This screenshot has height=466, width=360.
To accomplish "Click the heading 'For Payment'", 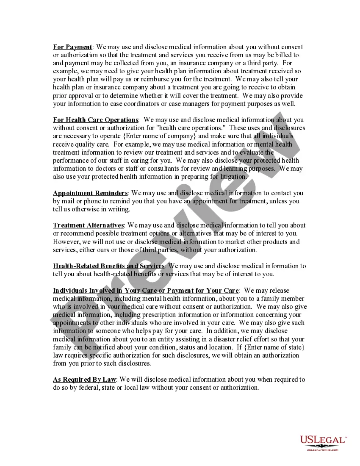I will coord(72,47).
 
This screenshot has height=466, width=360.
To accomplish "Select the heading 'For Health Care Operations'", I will coord(95,120).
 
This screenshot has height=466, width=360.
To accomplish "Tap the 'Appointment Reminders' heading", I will coord(90,193).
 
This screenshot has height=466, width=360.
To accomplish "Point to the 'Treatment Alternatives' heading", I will coord(88,225).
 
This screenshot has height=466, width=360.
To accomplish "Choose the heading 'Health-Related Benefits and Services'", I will coord(108,266).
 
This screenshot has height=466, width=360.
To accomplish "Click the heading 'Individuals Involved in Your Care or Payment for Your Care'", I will coord(146,291).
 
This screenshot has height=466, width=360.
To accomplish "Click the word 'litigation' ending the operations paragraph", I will coord(230,177).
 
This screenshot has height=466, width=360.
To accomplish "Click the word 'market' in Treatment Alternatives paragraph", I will coord(239,242).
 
